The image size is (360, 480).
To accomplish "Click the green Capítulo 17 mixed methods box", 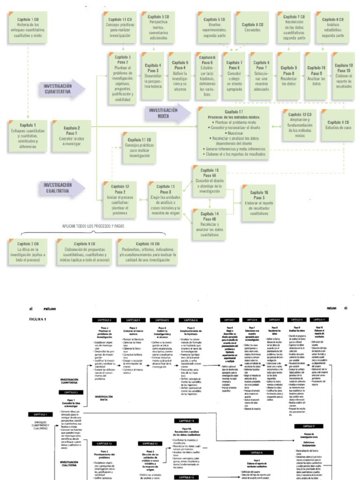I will (x=240, y=133).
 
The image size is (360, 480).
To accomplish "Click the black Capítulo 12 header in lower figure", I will (x=104, y=443).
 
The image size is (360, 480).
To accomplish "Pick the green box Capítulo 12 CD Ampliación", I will (x=300, y=125).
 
